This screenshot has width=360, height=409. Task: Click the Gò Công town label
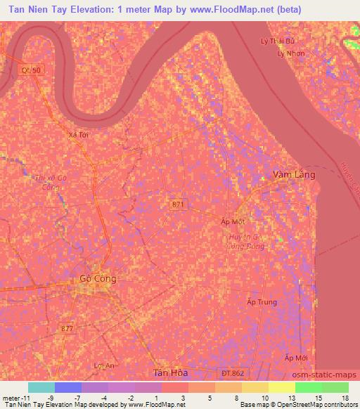pos(98,279)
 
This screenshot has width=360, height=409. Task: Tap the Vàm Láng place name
pos(294,174)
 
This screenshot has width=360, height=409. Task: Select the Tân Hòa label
pos(169,372)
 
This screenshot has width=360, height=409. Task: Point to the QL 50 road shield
pos(30,71)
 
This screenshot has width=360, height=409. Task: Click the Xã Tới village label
pos(79,134)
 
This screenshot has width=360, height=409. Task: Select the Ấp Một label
pos(231,221)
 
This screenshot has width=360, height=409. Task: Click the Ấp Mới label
pos(297,358)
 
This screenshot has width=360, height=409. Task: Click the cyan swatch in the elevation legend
pos(41,387)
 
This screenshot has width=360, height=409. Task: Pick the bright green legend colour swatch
pos(308,387)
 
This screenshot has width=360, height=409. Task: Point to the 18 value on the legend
pos(345,398)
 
